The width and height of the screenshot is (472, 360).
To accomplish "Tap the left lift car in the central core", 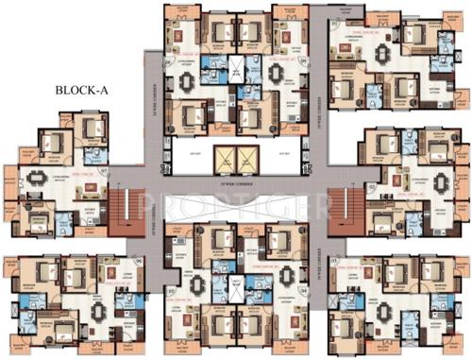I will [223, 158].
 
